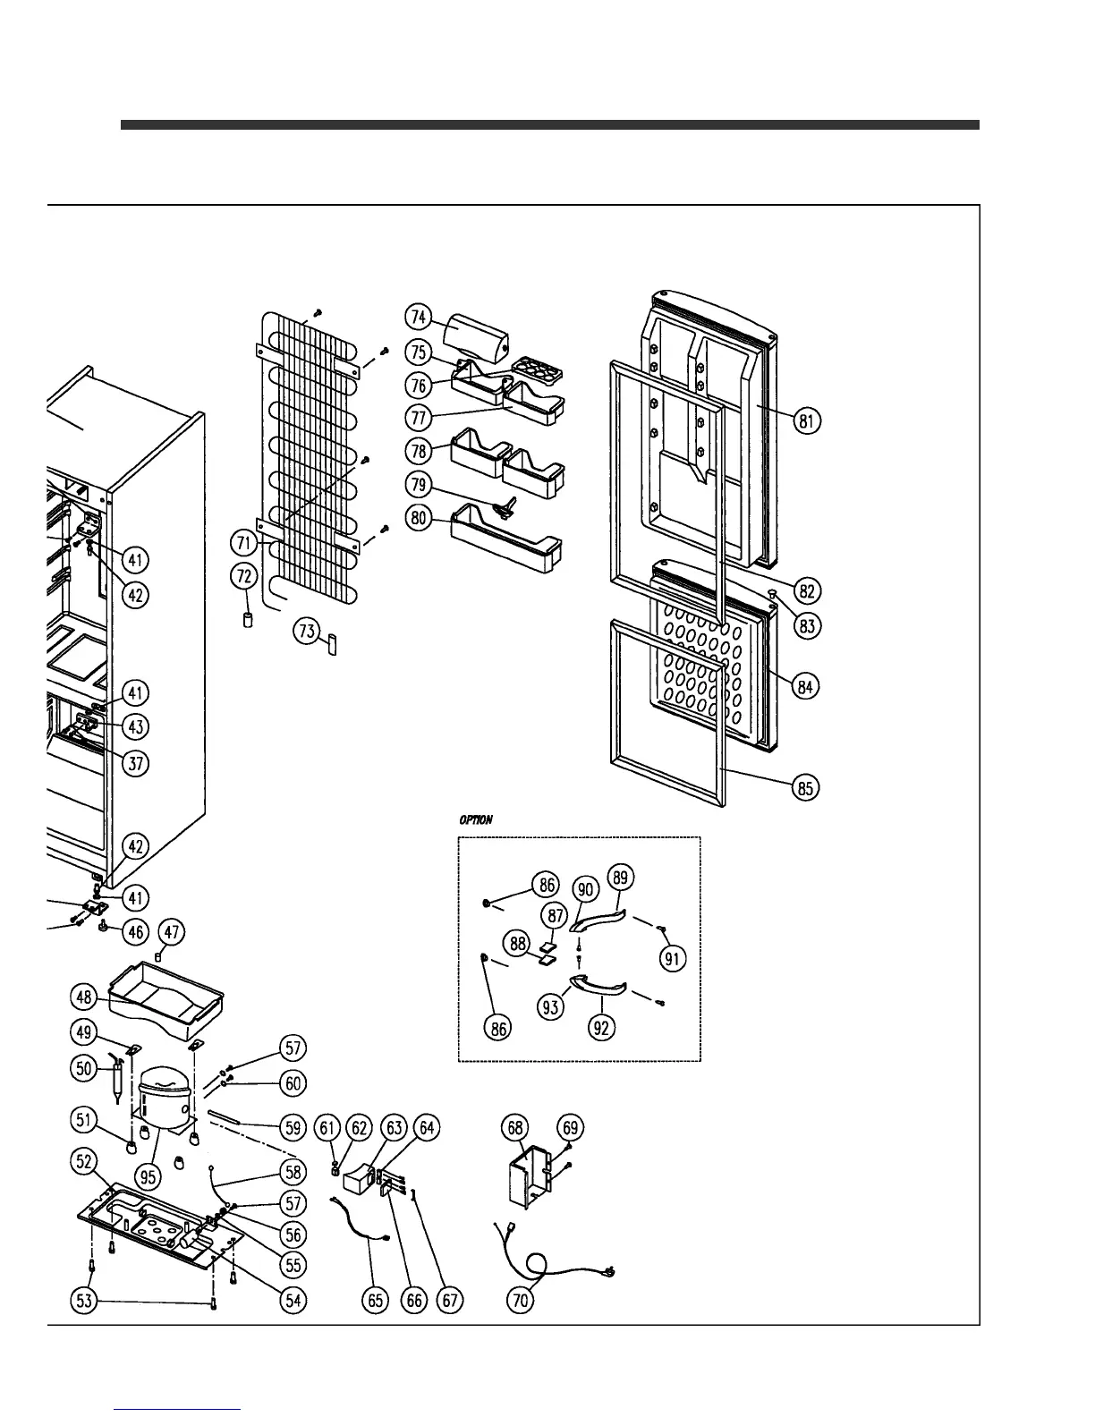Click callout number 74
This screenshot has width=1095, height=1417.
click(x=418, y=318)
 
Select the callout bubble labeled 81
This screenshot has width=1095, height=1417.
click(x=808, y=420)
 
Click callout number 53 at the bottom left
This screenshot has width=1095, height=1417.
click(x=84, y=1301)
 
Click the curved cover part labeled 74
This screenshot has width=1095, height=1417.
click(x=476, y=335)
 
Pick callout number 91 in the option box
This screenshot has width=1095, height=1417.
click(x=672, y=959)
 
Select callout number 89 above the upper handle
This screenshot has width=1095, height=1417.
click(x=621, y=878)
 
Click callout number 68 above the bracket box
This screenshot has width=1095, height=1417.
click(x=516, y=1128)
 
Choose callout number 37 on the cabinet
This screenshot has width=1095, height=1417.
click(x=135, y=763)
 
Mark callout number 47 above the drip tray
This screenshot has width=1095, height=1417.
click(x=172, y=933)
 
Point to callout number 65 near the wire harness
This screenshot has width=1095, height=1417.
click(x=377, y=1300)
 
